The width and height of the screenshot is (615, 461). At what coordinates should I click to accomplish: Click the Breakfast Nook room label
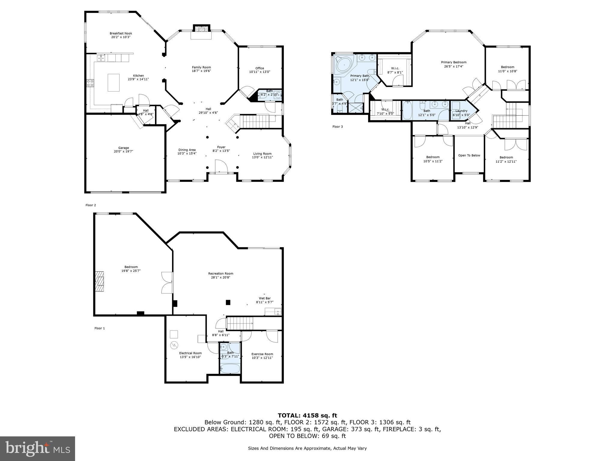pos(121,33)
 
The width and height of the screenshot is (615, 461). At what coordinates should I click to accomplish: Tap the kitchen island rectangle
pos(114,83)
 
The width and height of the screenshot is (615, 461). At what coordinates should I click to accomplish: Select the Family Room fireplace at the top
pos(201,29)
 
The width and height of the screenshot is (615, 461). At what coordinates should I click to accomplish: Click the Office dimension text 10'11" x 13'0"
pos(259,72)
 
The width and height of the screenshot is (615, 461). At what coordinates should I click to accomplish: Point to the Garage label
pos(123,148)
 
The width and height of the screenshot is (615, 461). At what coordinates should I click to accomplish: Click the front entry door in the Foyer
pos(221,167)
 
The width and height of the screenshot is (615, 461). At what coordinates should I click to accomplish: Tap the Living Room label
pos(262,154)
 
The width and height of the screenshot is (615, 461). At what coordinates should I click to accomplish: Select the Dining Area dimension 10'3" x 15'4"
pos(187,154)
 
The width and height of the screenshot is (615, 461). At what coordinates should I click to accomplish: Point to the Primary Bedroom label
pos(453,62)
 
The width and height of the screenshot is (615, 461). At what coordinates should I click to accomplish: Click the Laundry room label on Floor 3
pos(461,111)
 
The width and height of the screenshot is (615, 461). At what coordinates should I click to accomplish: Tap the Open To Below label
pos(469,155)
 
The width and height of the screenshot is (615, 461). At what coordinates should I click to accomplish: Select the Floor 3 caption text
pos(338,127)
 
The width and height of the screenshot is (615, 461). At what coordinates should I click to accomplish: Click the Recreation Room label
pos(221,273)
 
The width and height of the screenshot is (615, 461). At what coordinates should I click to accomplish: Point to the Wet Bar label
pos(265,298)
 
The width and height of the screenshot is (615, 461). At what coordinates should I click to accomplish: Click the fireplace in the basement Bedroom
pos(99,281)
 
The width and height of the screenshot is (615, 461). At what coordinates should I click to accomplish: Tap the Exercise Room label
pos(262,354)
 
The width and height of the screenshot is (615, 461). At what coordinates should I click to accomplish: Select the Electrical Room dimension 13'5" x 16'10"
pos(190,357)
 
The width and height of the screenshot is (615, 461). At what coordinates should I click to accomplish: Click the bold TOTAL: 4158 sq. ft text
pos(307,415)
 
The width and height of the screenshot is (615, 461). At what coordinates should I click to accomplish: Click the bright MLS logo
pos(38,449)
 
